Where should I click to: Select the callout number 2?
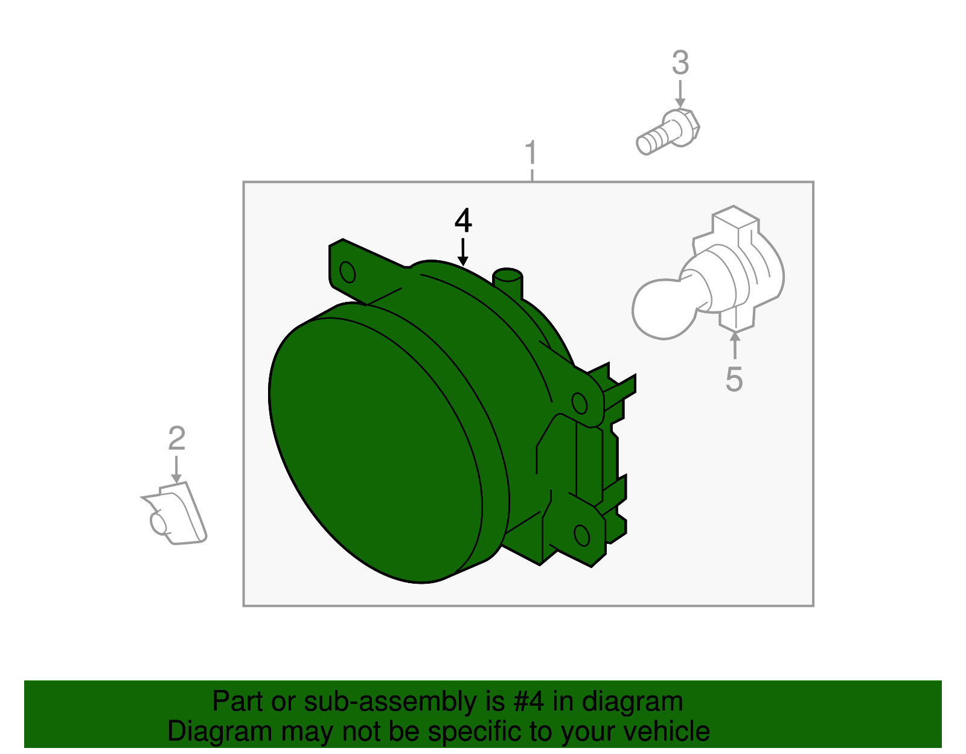[x=176, y=438]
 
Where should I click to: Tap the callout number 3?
[x=680, y=63]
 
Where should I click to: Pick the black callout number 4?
[x=462, y=221]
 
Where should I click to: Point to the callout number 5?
[x=734, y=379]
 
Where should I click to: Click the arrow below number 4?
[x=462, y=252]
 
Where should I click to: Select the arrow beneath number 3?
[x=680, y=94]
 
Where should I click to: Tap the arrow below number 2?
[x=176, y=470]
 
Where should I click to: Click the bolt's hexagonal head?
[x=681, y=127]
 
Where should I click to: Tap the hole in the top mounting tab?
[x=347, y=272]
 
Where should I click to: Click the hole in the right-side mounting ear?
[x=579, y=403]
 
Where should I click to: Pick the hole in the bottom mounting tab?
[x=581, y=535]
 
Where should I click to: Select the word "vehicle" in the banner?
[x=667, y=731]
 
